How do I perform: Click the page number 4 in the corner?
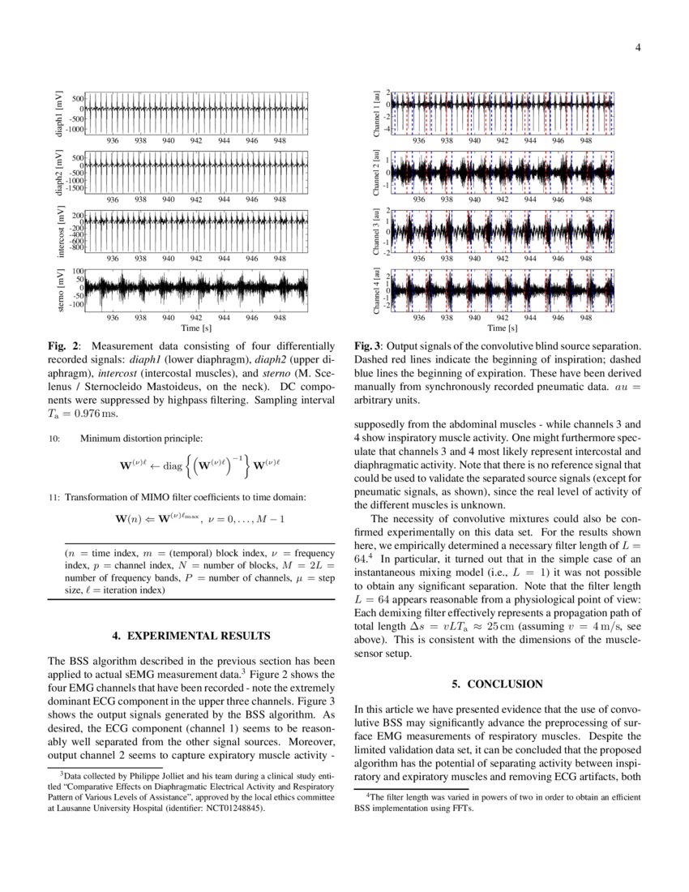click(x=638, y=47)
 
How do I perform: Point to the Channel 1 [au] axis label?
click(x=376, y=111)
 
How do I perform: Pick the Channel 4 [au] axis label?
click(x=376, y=290)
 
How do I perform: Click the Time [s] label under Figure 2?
click(x=196, y=328)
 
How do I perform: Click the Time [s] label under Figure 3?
click(x=503, y=328)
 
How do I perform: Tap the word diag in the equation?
click(x=173, y=467)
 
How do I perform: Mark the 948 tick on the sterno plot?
click(x=279, y=318)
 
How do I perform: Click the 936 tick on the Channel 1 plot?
click(x=419, y=140)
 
